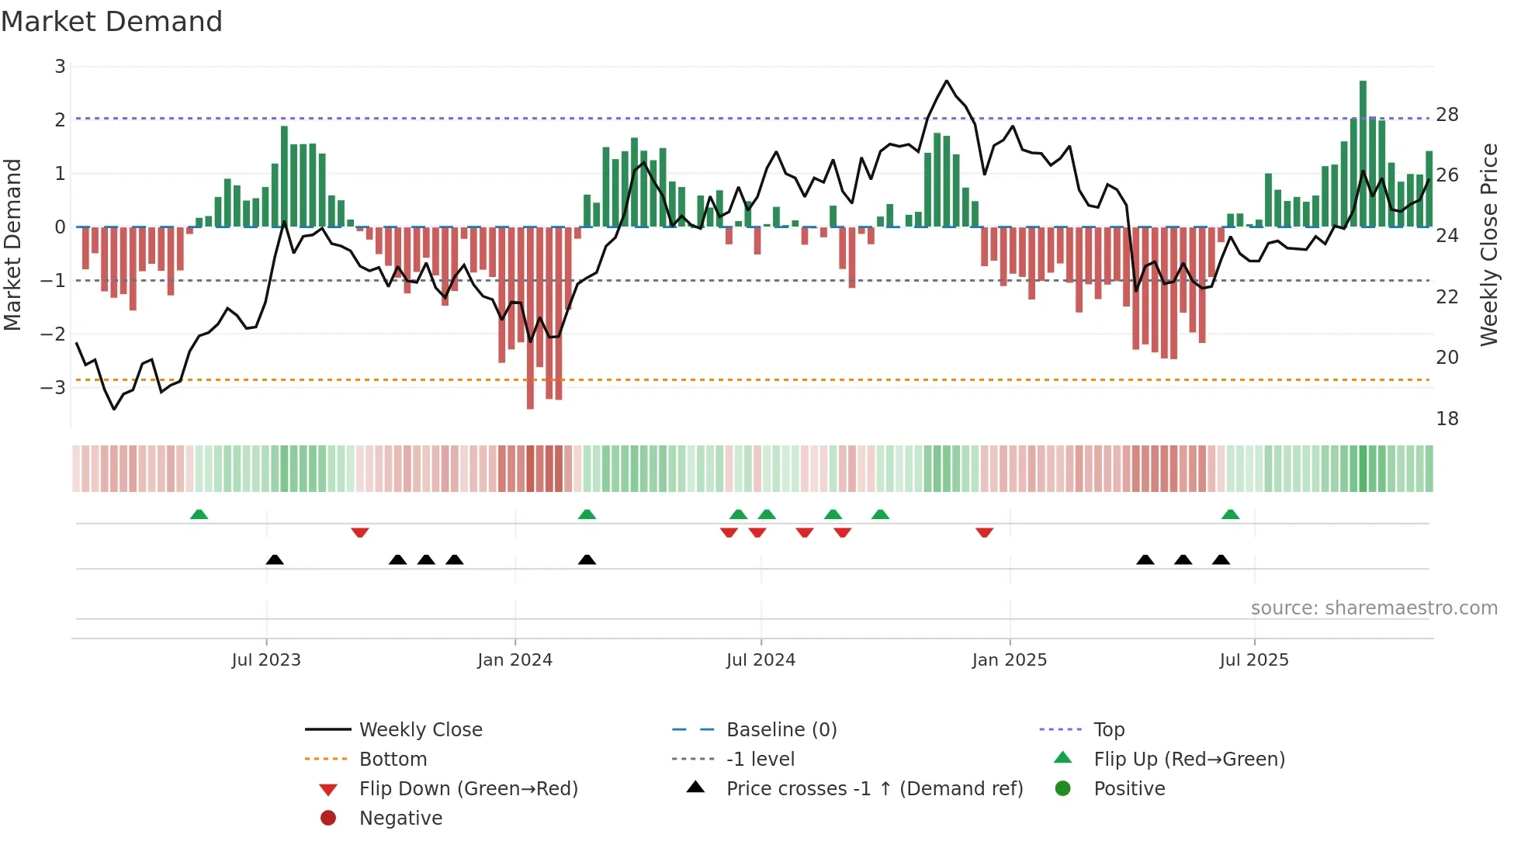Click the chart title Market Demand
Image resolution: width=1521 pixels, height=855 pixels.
pos(112,22)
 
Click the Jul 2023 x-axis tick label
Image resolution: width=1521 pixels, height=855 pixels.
pos(265,660)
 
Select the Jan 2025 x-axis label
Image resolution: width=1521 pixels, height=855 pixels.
pos(1009,660)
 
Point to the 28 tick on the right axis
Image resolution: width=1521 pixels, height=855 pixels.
pos(1447,115)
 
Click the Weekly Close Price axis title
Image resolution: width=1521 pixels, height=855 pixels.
pos(1488,244)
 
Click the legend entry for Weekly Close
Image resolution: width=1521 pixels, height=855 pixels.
pos(420,730)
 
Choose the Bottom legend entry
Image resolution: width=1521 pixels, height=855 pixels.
pos(393,760)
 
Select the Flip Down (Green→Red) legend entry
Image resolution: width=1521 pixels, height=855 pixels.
pos(468,789)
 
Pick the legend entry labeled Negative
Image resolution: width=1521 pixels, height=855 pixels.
pos(400,819)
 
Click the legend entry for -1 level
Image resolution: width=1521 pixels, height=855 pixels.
pos(760,760)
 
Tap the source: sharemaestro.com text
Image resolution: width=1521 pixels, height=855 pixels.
pos(1374,608)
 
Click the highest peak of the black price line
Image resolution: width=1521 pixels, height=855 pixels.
pos(947,81)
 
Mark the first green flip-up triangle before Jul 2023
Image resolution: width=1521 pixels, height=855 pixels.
pos(199,514)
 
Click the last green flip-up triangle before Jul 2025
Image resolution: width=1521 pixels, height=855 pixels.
pos(1230,514)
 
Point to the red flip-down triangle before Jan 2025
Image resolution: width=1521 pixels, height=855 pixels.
pos(984,532)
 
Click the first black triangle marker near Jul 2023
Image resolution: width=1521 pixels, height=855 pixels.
pos(274,559)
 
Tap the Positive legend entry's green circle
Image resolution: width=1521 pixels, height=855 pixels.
pos(1062,789)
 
